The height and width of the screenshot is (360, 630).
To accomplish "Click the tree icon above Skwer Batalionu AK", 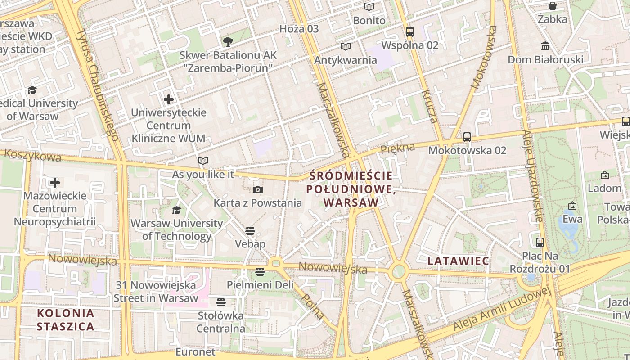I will [228, 42].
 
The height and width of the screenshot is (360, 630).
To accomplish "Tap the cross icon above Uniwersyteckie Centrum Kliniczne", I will [169, 99].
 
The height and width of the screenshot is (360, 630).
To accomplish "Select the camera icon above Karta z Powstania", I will [257, 189].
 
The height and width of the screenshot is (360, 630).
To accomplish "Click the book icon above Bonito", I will [369, 7].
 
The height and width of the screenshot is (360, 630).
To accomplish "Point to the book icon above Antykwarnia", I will [345, 46].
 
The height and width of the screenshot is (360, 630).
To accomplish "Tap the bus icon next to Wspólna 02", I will [409, 31].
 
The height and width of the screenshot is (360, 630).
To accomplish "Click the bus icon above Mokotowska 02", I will [467, 137].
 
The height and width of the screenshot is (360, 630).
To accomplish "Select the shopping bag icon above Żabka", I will [552, 6].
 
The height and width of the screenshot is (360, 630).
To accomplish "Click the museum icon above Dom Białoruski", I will [545, 46].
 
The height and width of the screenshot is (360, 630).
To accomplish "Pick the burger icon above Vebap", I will [250, 231].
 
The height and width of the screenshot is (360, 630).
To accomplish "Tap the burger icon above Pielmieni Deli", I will [260, 271].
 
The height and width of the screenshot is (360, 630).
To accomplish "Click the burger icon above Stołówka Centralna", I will [220, 302].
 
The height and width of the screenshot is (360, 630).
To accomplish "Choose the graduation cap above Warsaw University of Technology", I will [176, 210].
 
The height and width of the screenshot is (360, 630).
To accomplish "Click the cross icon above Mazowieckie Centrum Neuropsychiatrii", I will [55, 182].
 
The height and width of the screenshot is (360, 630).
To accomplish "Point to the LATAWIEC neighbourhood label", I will [458, 261].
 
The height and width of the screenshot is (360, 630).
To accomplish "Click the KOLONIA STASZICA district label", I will [66, 319].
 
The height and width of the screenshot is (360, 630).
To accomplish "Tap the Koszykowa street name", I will [32, 156].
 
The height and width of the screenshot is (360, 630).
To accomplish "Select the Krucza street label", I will [429, 107].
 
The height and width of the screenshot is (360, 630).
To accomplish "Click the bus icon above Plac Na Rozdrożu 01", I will [540, 242].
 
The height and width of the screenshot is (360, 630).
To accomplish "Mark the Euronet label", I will [195, 351].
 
